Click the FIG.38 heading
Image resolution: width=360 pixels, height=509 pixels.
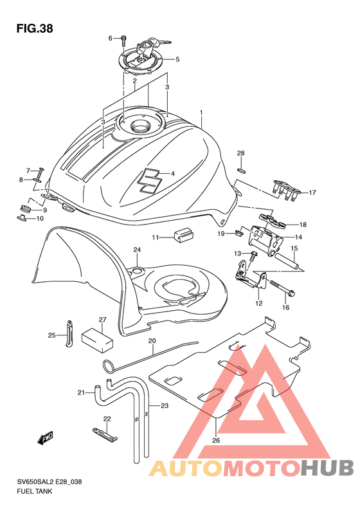[x=35, y=28]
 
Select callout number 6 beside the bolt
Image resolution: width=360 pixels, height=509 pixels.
[x=111, y=39]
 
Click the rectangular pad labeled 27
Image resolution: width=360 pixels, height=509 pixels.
[x=97, y=340]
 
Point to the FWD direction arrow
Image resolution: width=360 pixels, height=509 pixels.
[x=45, y=439]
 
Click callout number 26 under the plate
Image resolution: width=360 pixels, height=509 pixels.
[x=216, y=440]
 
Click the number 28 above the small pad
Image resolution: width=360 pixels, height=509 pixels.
[x=240, y=153]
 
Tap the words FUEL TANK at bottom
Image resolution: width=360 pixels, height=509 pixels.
[x=34, y=491]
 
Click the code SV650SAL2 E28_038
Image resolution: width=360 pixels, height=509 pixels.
[x=50, y=481]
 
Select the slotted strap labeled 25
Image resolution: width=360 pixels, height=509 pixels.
[x=69, y=333]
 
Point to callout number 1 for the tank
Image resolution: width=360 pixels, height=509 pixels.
[x=201, y=113]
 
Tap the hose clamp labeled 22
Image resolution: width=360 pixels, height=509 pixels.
[x=104, y=434]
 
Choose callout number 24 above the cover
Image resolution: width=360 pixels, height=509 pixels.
[x=137, y=250]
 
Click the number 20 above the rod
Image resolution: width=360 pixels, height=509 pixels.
[x=152, y=341]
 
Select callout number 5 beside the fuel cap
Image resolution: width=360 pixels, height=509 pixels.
[x=177, y=59]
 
